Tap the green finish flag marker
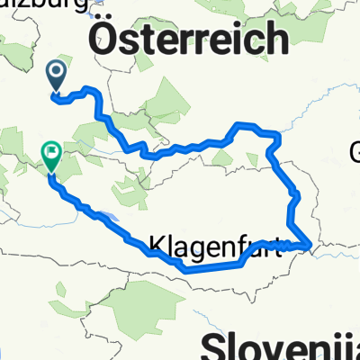coord(51,158)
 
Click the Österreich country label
coord(188,40)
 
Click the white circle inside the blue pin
coord(57,71)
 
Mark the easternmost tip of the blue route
coord(311,242)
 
